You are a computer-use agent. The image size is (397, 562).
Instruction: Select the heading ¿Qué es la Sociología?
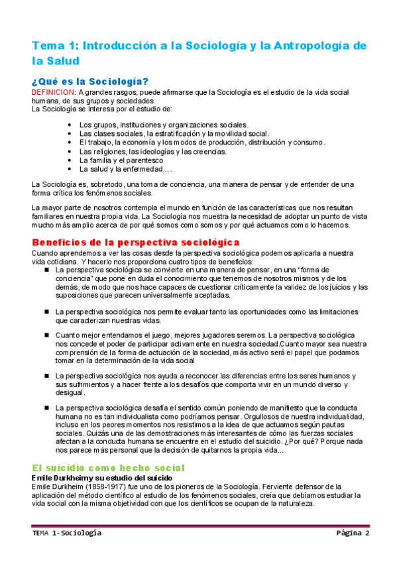90,81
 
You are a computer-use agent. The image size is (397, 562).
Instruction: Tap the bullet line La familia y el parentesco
121,160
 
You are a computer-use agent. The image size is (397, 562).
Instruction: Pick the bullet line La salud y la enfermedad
124,169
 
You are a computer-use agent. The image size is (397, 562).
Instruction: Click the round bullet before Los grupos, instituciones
70,125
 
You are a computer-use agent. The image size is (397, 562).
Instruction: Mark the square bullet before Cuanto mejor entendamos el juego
47,335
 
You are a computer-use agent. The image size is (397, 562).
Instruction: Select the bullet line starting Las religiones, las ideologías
152,151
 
